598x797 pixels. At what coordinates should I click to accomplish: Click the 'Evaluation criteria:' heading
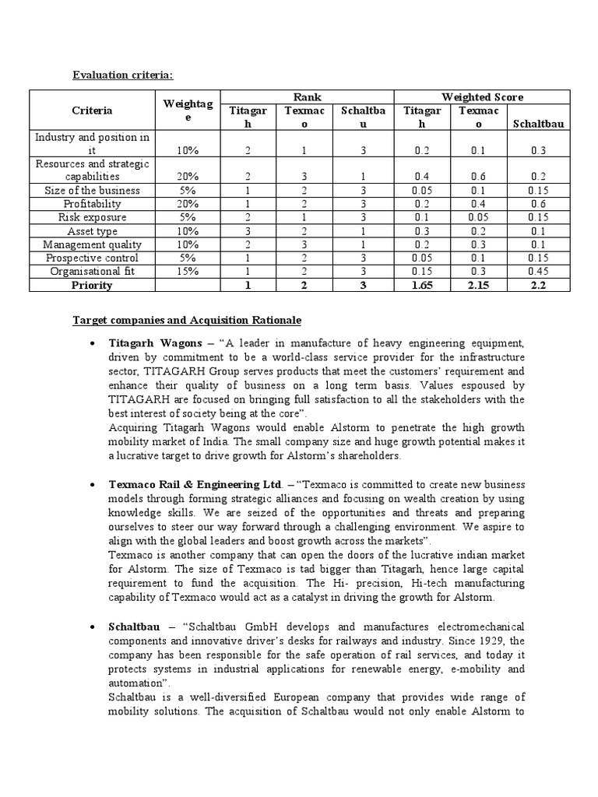coord(123,75)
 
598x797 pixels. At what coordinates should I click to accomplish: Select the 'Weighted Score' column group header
coord(482,97)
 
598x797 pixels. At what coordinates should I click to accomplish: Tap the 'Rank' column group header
coord(307,97)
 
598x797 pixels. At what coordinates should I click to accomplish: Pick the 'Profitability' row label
coord(92,204)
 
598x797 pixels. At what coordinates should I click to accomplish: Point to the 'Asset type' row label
coord(92,230)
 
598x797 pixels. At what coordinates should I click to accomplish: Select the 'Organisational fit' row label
coord(92,271)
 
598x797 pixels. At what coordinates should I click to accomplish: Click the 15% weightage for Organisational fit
coord(190,271)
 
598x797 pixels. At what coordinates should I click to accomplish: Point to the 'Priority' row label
coord(92,285)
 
